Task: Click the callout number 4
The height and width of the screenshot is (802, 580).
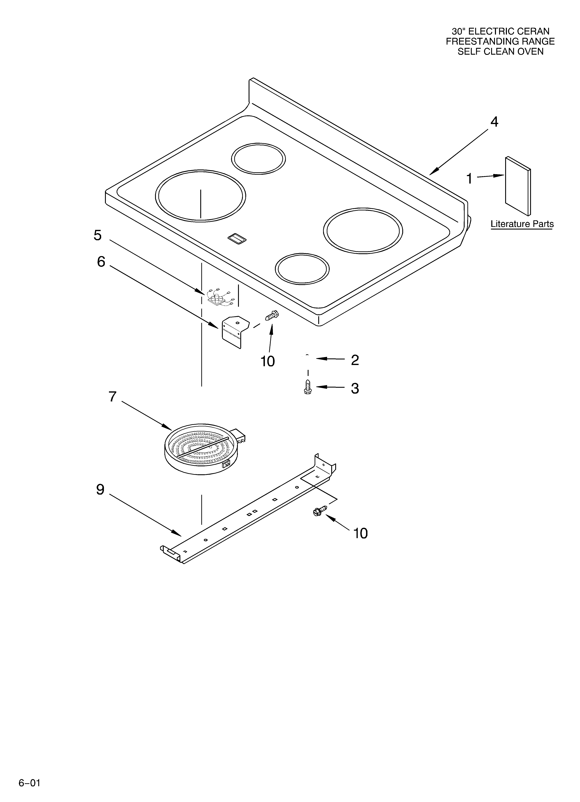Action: (494, 122)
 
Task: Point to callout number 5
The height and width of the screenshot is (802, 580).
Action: (98, 235)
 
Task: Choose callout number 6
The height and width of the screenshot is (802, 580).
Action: (101, 262)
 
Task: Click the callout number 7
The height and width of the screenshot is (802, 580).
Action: (112, 397)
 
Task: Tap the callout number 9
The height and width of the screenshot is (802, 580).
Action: (100, 489)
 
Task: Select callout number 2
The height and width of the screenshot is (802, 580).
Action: (355, 360)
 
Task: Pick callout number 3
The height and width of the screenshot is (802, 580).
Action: (355, 388)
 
